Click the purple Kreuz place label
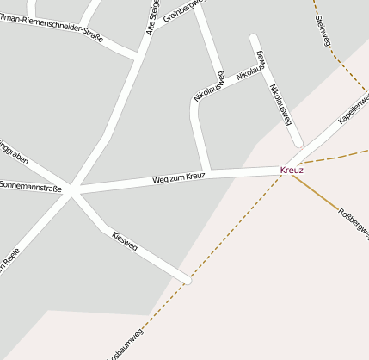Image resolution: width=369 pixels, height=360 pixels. coord(292,171)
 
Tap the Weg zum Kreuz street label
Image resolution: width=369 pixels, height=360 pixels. coord(179,178)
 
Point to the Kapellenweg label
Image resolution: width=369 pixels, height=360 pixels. coord(354,109)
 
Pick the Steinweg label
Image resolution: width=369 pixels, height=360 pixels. coord(323,31)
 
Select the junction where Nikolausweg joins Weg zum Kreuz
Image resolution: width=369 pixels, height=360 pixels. coord(206,172)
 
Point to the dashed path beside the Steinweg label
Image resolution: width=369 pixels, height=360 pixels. coord(337,56)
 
